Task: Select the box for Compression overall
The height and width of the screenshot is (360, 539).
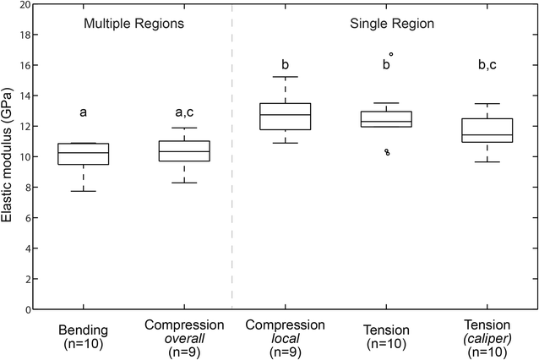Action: [184, 150]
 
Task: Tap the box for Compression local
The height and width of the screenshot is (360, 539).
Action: [285, 116]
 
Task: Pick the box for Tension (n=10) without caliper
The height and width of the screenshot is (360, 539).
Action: [386, 119]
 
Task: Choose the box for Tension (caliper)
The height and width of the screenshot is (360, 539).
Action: [487, 130]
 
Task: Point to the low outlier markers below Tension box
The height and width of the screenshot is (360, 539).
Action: [387, 153]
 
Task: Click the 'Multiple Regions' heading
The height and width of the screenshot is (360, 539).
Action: [133, 24]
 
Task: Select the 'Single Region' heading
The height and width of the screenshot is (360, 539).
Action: [392, 24]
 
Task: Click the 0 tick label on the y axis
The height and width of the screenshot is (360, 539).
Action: [27, 309]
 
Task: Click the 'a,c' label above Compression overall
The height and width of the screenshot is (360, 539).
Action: [184, 111]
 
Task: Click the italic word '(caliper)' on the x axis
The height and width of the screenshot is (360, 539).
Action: [487, 339]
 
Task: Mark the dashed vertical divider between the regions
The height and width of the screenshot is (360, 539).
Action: [231, 169]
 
